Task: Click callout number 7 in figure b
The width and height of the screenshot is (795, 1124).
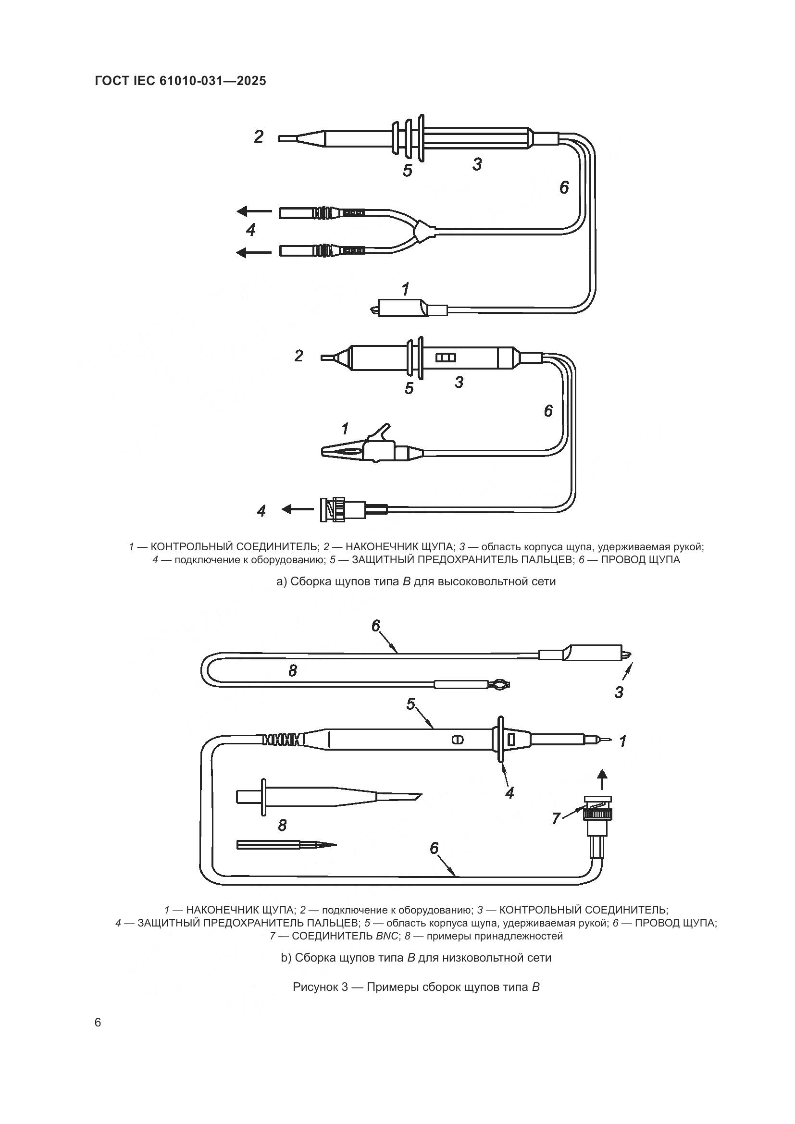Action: (556, 818)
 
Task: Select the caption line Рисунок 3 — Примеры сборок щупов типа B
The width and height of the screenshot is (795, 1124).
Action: (416, 987)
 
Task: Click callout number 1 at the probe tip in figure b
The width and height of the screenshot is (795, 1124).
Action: (622, 741)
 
